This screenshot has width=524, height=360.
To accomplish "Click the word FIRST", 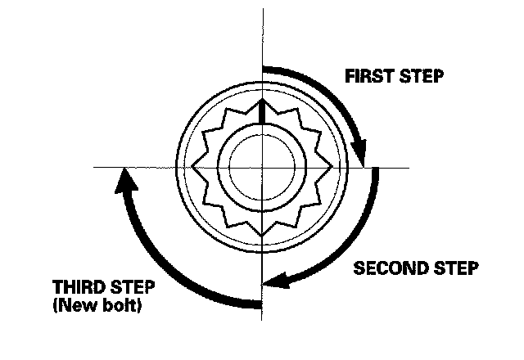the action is (x=366, y=78).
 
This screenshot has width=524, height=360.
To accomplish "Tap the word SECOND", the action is (x=384, y=268).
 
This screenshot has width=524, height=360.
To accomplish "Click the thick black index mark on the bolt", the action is (x=261, y=111).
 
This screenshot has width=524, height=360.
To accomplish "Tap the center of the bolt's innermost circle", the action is (x=261, y=167).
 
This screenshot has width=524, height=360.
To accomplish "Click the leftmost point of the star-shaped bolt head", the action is (x=192, y=167).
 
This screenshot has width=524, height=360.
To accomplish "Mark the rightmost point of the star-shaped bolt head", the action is (x=331, y=167).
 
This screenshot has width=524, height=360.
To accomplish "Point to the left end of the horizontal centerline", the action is (x=94, y=167).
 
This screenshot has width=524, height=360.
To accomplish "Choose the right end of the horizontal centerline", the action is (x=409, y=167).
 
